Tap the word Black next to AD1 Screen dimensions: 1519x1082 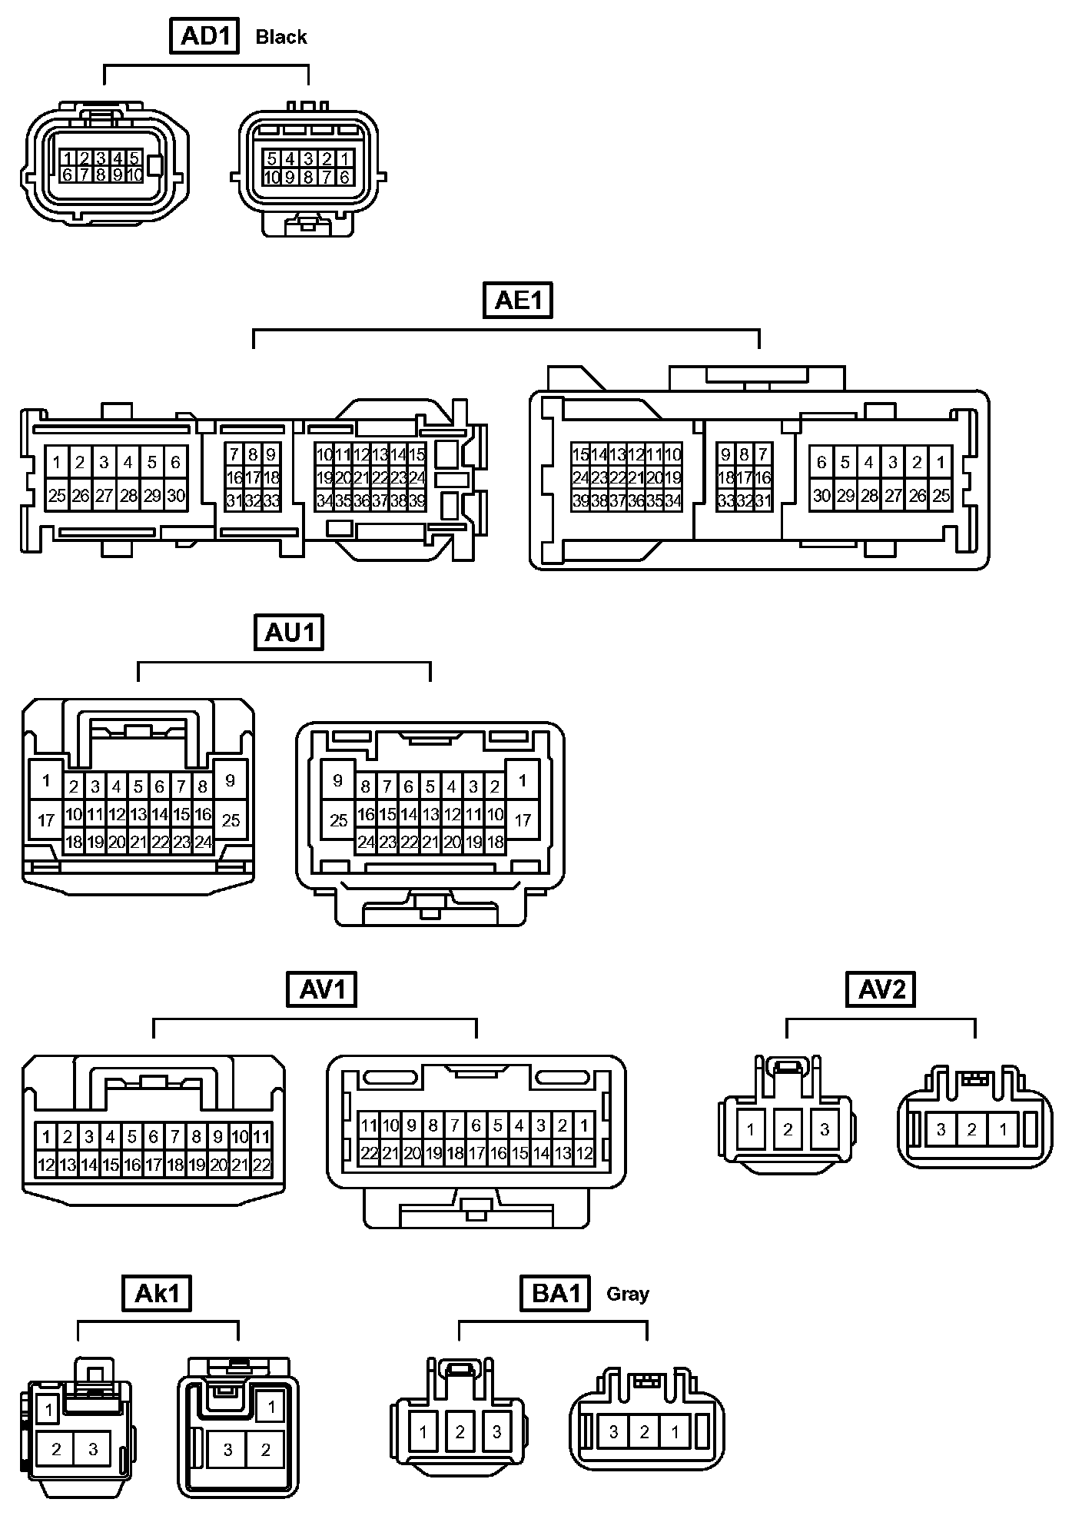281,37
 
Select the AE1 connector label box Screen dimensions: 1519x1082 518,300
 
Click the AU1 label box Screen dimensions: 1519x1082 289,633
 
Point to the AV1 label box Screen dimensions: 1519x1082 323,989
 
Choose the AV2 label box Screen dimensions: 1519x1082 881,989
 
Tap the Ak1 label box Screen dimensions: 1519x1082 157,1293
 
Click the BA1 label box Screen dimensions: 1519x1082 556,1293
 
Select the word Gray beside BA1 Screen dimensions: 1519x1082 628,1294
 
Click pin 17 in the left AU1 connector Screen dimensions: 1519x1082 46,820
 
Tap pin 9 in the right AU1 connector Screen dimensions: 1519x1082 338,781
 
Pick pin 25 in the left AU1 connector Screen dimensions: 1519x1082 231,820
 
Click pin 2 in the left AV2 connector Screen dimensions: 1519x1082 788,1130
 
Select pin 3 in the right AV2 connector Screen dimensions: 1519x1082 941,1130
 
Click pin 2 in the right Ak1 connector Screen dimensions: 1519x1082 265,1450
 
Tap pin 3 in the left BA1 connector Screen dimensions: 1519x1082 497,1432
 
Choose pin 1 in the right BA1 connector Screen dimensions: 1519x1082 675,1432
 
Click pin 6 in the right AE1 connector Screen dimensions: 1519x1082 821,462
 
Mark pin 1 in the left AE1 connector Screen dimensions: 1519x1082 57,463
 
